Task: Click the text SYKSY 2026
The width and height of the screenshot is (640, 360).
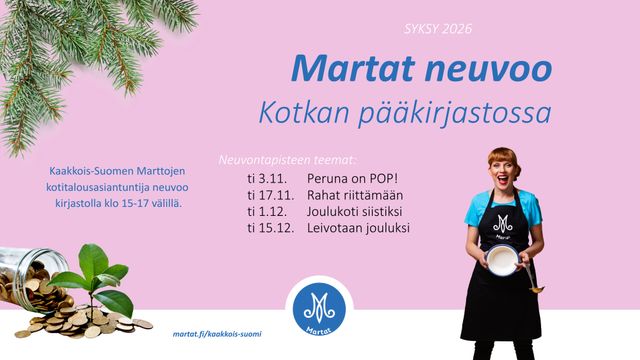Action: click(438, 29)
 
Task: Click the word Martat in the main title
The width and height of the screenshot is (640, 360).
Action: click(353, 69)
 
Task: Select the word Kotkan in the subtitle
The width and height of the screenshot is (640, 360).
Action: click(304, 112)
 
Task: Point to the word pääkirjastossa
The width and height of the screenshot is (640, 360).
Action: click(455, 114)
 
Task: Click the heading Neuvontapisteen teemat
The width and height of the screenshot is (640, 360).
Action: click(287, 160)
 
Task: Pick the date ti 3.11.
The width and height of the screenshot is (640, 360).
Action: click(267, 178)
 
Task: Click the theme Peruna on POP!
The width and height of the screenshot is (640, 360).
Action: click(352, 178)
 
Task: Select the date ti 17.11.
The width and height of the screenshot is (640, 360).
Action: click(271, 195)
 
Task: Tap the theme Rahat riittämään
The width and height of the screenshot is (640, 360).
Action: click(355, 195)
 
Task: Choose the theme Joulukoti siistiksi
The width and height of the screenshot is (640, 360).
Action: click(354, 211)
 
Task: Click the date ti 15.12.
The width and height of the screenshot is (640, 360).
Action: click(271, 228)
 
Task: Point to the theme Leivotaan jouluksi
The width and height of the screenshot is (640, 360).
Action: click(358, 228)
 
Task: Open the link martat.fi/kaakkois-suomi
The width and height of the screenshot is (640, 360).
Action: click(217, 334)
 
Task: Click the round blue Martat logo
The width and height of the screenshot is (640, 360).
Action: click(319, 309)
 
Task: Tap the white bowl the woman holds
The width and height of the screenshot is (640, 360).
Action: click(502, 260)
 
